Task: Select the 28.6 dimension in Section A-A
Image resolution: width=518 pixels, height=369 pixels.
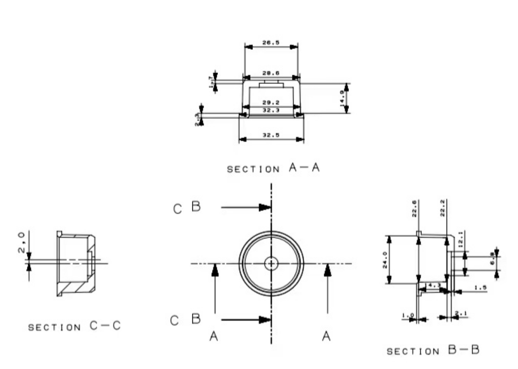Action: tap(271, 73)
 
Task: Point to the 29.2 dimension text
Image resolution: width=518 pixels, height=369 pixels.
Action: tap(271, 103)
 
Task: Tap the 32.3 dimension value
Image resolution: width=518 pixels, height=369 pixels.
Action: tap(271, 109)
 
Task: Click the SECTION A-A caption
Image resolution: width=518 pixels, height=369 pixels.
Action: tap(273, 169)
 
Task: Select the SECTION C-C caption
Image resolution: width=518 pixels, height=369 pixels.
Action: tap(74, 326)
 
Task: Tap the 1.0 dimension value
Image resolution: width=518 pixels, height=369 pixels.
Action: tap(408, 315)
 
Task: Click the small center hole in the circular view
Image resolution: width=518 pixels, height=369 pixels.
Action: tap(271, 263)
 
